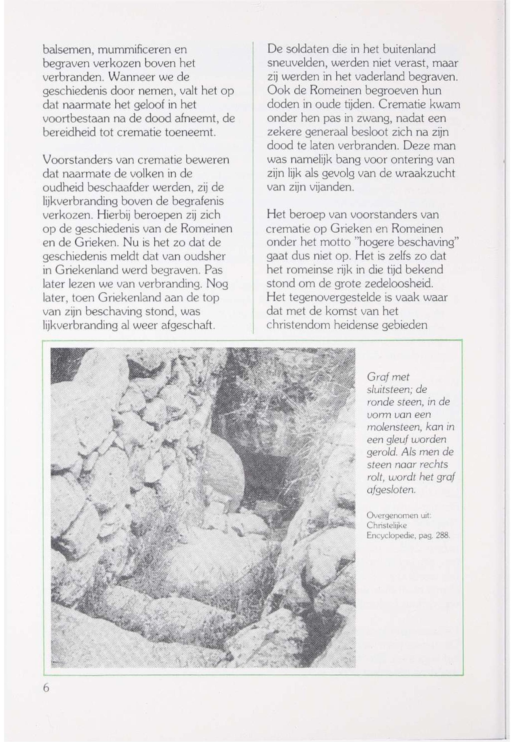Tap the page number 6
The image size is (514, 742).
pos(46,688)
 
